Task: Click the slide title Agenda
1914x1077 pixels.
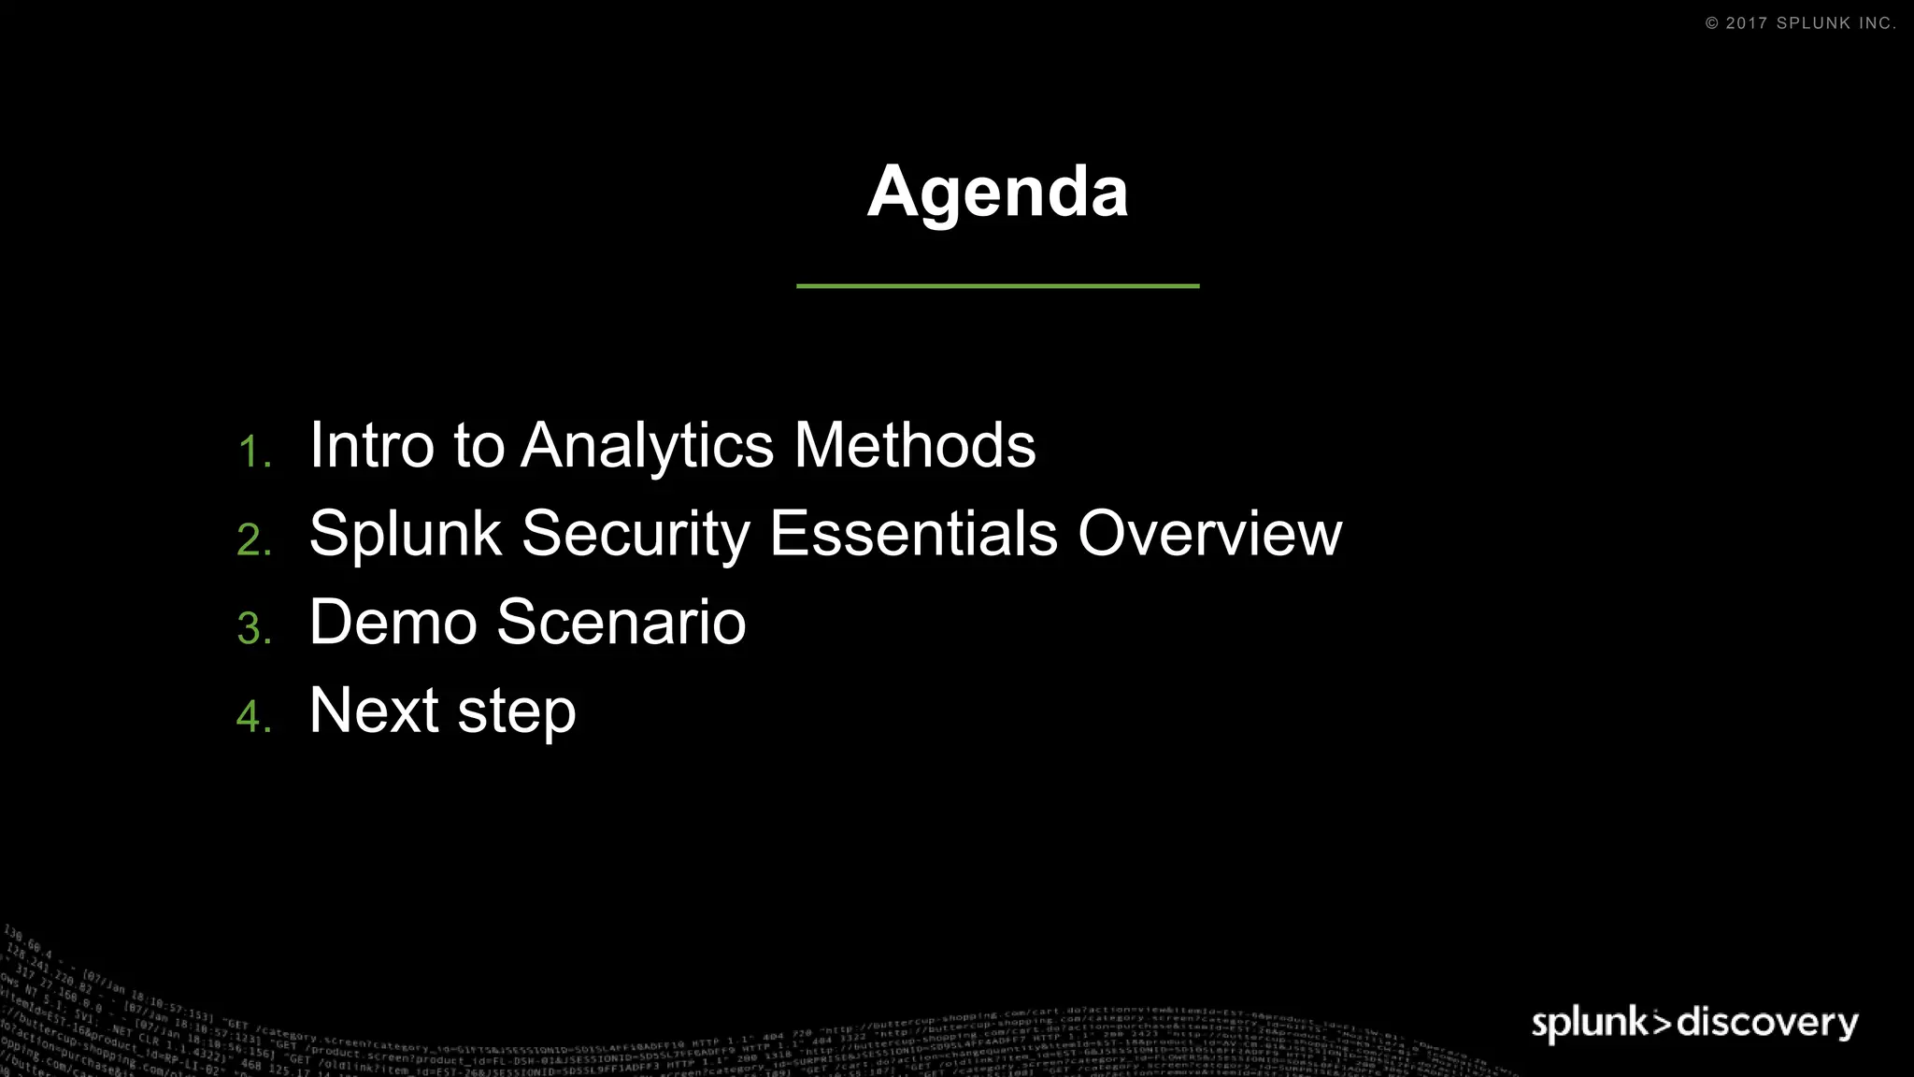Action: pos(997,193)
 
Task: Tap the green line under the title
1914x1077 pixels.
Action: pos(997,286)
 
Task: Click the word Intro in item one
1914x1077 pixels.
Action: pos(371,445)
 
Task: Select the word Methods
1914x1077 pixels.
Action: pos(914,445)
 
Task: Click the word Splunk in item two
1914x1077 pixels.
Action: pos(406,535)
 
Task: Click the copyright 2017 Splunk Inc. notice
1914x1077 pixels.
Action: pos(1800,23)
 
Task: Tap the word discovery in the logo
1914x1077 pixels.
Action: pos(1767,1022)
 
